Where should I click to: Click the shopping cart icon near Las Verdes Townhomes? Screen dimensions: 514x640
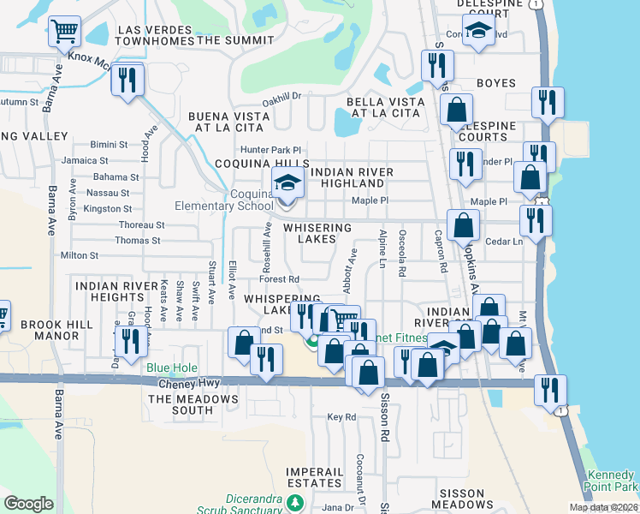(x=64, y=32)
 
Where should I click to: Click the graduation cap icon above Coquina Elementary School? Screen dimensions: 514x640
(x=287, y=182)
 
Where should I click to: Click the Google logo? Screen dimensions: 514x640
(x=28, y=503)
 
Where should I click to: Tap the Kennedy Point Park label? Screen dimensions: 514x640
(x=611, y=481)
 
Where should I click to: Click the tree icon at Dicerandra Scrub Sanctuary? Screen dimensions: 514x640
(x=294, y=502)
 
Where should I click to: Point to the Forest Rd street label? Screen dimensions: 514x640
(x=279, y=279)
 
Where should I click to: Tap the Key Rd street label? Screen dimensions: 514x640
(x=341, y=417)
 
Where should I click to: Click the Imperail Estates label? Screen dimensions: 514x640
(x=315, y=477)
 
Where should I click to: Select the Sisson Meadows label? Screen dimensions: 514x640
(x=473, y=499)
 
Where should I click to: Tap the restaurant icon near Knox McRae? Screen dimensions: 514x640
(x=128, y=81)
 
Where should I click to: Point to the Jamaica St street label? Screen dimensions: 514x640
(x=85, y=160)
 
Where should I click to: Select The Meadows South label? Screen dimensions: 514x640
(x=181, y=404)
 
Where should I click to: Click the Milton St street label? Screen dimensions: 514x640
(x=80, y=255)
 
